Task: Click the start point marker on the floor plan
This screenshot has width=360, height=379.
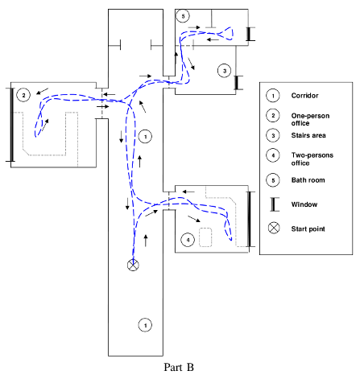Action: (133, 265)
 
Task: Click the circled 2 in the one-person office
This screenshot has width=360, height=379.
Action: (23, 95)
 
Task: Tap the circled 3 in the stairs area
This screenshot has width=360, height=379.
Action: (225, 71)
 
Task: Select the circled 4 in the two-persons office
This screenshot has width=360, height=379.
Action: (188, 240)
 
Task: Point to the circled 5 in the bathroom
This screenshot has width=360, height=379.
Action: (183, 16)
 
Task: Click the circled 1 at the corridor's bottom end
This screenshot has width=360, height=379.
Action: (145, 325)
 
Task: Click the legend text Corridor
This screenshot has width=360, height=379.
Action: (304, 96)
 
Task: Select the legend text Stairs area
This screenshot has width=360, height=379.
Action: (308, 135)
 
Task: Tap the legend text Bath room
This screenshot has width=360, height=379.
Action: (308, 180)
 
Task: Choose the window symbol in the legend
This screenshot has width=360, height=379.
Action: (274, 204)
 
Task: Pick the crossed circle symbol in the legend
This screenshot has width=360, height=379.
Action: (274, 228)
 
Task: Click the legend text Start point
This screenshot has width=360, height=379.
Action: (308, 229)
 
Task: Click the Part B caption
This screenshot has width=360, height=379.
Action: (179, 367)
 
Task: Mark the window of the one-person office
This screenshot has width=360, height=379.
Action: (11, 125)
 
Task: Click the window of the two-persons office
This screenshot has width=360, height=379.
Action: (250, 219)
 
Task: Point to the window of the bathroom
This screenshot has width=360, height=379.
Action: (249, 34)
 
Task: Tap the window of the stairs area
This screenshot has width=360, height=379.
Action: (237, 83)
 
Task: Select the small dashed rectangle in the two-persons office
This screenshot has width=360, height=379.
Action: (205, 237)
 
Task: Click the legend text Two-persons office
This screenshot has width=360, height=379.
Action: (312, 159)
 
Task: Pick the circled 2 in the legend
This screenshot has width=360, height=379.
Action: (273, 116)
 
